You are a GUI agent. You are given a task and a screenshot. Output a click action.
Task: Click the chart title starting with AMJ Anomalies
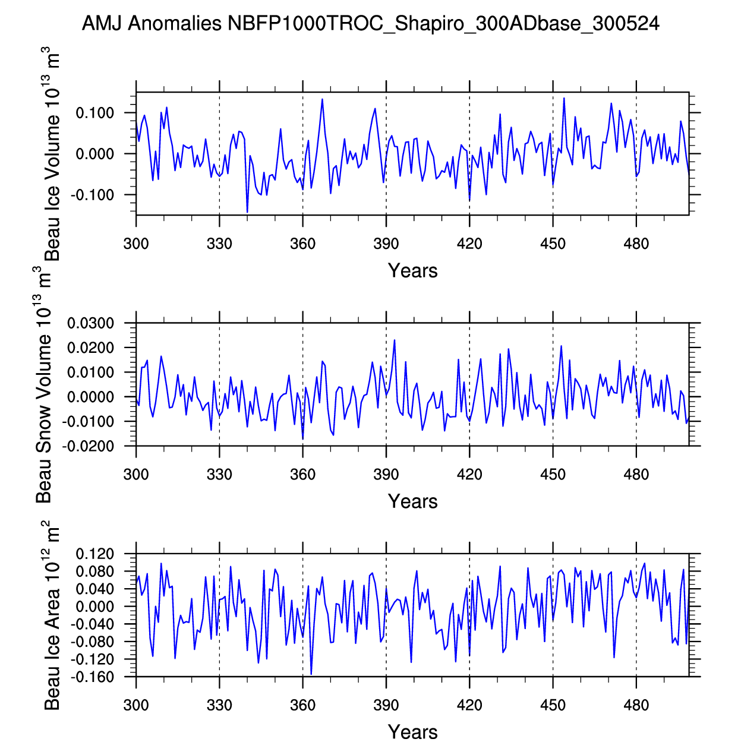[370, 24]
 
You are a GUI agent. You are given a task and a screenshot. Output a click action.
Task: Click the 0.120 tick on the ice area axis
[94, 554]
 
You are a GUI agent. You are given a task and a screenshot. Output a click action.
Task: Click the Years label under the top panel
[412, 271]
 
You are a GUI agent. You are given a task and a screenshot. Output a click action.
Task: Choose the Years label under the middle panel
[412, 501]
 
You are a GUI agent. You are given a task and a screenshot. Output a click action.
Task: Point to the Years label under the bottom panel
[412, 732]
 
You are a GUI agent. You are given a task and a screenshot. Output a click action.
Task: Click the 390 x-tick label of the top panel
[386, 244]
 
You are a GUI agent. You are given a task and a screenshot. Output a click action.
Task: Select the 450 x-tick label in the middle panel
[553, 474]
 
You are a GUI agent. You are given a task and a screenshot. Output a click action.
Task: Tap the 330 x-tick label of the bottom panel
[219, 705]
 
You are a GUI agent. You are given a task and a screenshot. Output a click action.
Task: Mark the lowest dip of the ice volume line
[247, 212]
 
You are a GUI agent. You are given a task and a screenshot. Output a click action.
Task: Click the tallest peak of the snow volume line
[395, 340]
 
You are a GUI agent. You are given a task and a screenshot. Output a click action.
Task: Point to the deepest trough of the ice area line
[311, 674]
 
